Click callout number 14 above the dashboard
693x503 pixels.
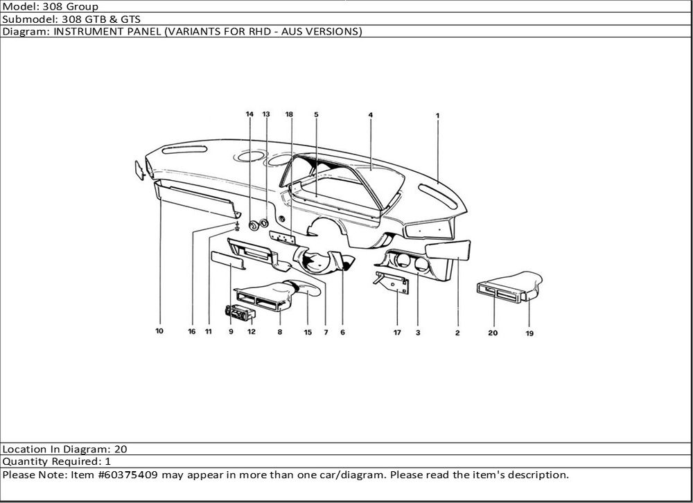click(x=249, y=114)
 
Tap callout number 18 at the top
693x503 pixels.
click(x=289, y=114)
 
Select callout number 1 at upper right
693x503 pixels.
click(x=437, y=116)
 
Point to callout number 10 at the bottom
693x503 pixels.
click(x=159, y=330)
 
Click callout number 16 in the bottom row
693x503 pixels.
click(x=192, y=331)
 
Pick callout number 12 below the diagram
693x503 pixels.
click(x=252, y=331)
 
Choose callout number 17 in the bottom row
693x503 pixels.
click(x=397, y=333)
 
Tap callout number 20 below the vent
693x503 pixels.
click(x=493, y=333)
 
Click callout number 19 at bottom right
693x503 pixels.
click(x=529, y=333)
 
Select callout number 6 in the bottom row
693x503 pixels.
click(x=342, y=332)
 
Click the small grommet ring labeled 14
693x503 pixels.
click(x=254, y=225)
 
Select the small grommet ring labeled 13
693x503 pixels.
click(x=264, y=223)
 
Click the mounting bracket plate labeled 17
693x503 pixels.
click(x=392, y=283)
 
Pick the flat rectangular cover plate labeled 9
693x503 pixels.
click(x=229, y=261)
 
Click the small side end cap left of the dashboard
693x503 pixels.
click(x=139, y=170)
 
